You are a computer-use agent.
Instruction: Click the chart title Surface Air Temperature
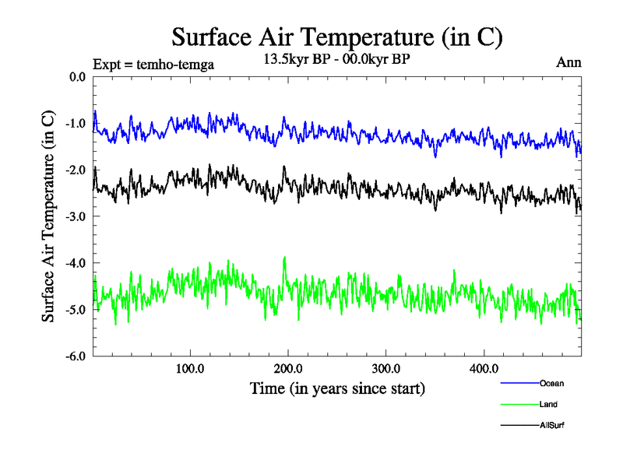tap(337, 37)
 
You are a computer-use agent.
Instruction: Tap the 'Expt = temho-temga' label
tap(153, 65)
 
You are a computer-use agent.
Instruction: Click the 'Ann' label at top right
tap(568, 62)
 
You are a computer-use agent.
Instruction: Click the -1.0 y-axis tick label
tap(76, 124)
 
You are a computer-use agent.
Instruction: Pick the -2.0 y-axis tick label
tap(76, 170)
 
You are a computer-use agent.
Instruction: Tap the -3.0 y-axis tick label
tap(76, 216)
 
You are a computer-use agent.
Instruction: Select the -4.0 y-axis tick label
tap(76, 263)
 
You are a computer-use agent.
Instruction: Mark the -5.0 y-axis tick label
tap(76, 310)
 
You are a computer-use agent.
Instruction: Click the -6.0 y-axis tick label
tap(76, 356)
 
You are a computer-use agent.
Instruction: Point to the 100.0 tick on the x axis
tap(190, 368)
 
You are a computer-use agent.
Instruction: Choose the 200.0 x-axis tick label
tap(288, 368)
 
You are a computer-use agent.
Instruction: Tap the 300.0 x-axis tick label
tap(386, 368)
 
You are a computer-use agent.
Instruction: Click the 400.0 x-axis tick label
tap(484, 368)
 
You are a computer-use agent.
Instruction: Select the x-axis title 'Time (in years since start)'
tap(337, 388)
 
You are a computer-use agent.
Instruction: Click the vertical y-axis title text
tap(48, 217)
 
